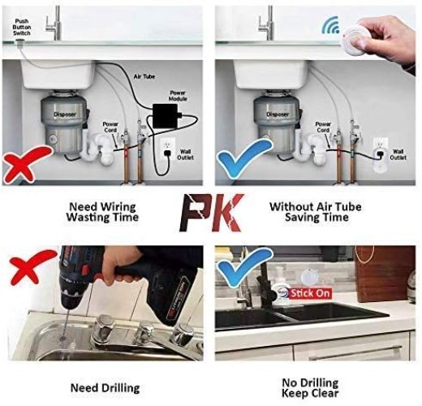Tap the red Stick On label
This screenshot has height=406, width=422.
311,293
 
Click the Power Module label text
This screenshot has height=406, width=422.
178,96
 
